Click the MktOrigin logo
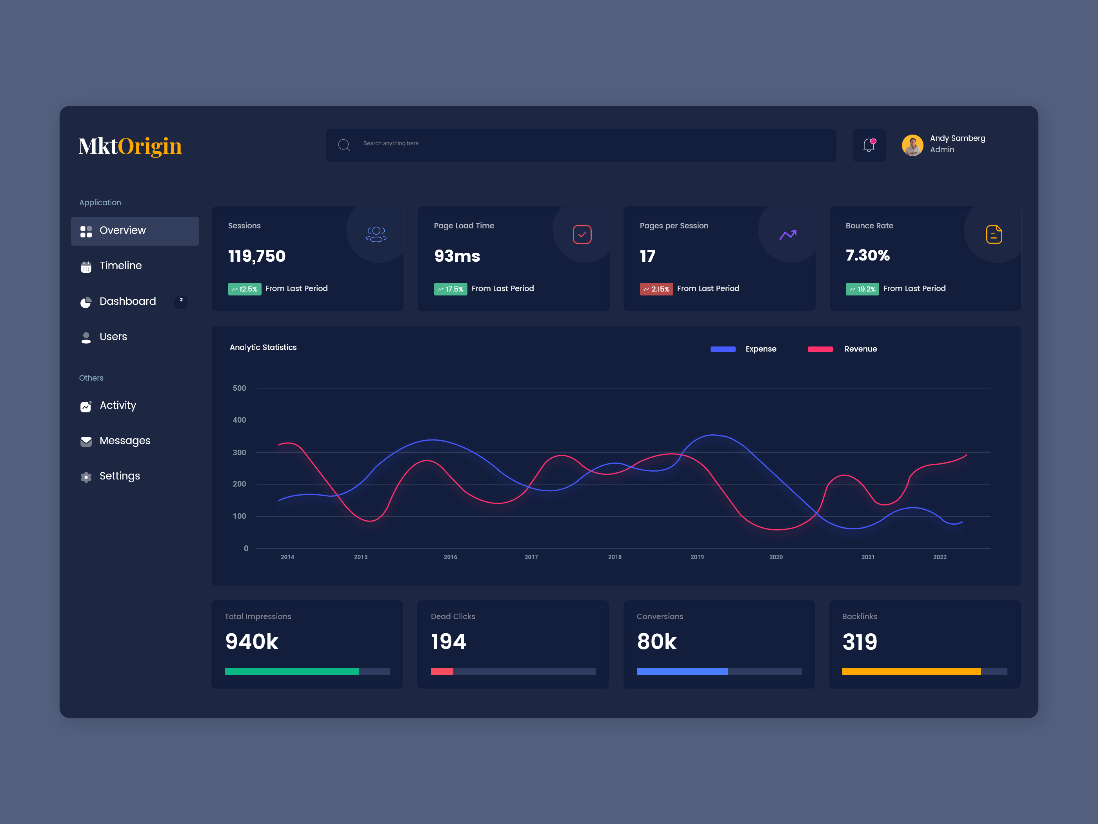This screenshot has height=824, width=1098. coord(130,146)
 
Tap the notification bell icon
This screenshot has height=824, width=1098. coord(869,145)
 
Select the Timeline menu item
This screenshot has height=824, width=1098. coord(121,266)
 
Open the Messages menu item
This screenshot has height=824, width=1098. coord(125,441)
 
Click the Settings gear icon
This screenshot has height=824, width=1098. coord(86,477)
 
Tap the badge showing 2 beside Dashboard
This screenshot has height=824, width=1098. coord(181,300)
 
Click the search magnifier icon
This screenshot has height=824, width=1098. coord(344,145)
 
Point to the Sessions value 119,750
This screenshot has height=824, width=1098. coord(256,256)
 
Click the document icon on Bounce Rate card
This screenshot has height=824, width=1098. coord(994,234)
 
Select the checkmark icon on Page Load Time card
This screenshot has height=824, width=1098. coord(582,234)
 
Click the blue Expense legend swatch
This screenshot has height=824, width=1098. coord(723,349)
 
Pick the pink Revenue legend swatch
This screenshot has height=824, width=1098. coord(820,349)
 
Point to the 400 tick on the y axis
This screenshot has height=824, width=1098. coord(239,420)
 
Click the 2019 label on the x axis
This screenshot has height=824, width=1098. coord(697,557)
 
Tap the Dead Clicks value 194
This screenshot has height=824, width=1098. coord(448,642)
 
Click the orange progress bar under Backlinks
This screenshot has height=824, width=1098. coord(911,671)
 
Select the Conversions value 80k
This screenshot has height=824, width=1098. coord(656,642)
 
